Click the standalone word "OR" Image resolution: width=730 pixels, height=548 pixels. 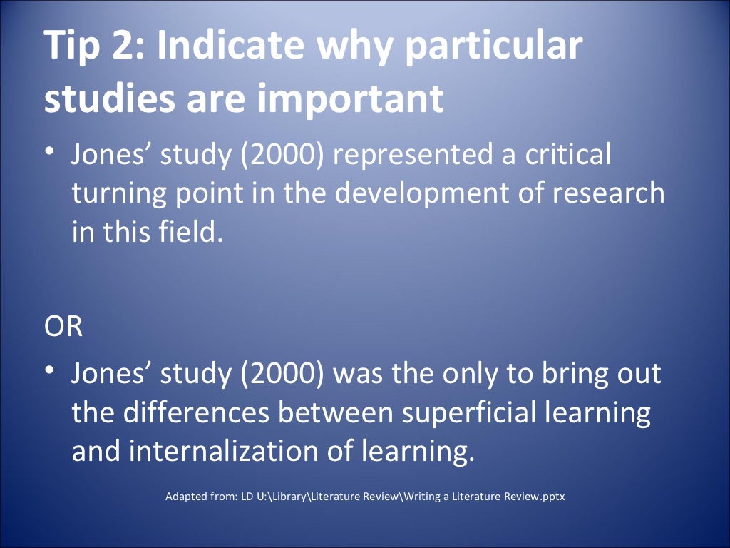pyautogui.click(x=63, y=328)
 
